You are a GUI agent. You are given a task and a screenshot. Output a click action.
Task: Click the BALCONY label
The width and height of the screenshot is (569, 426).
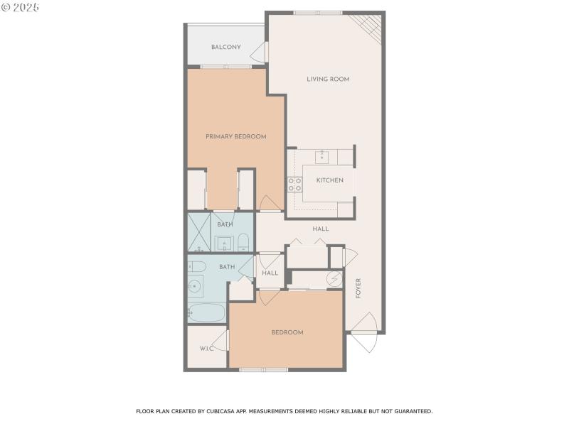(x=225, y=48)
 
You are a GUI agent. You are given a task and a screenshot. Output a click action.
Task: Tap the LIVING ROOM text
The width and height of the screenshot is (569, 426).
(x=328, y=79)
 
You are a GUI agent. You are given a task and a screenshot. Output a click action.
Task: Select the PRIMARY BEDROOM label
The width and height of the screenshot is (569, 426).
(x=235, y=136)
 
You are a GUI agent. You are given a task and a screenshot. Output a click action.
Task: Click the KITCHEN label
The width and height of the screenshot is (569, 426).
(x=330, y=180)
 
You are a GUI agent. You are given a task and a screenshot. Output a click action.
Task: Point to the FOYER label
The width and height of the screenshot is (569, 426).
(x=358, y=288)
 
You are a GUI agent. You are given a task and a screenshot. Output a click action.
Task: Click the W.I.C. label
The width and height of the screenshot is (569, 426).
(x=207, y=349)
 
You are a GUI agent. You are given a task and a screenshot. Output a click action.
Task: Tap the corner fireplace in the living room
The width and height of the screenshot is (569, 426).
(x=371, y=27)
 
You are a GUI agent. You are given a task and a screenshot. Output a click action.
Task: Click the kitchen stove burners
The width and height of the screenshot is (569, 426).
(x=294, y=185)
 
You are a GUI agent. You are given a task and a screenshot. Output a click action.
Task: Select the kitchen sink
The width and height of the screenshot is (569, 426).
(x=321, y=155)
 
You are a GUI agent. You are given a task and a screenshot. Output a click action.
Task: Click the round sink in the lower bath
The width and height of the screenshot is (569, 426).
(x=196, y=287)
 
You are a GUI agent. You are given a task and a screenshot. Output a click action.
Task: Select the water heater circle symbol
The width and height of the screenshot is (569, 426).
(x=334, y=279)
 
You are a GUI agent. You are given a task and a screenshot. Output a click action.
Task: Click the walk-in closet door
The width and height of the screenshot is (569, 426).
(x=223, y=341)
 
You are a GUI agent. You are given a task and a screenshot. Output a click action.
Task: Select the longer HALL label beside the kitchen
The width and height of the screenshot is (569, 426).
(x=320, y=229)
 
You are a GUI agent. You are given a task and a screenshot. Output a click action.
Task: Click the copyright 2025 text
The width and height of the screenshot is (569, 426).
(x=20, y=6)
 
